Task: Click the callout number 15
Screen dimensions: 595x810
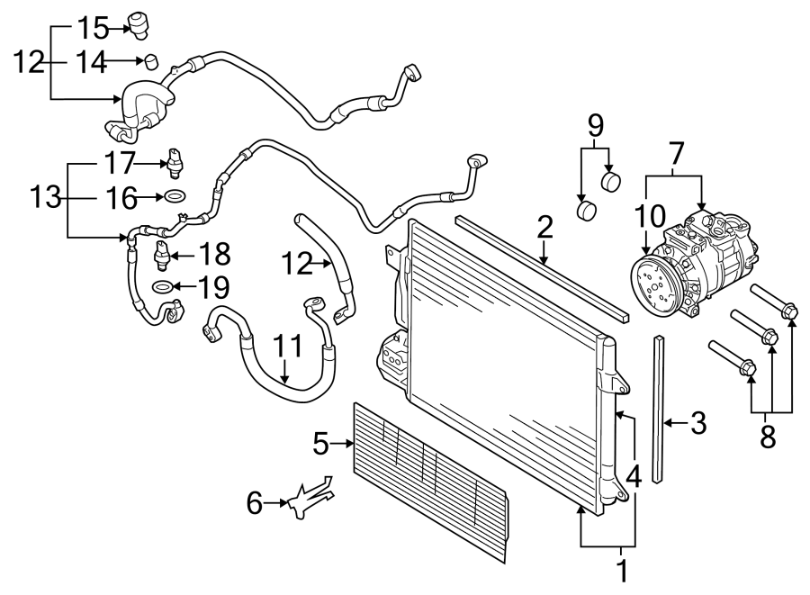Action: pyautogui.click(x=91, y=29)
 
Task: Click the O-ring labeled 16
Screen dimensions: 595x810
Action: pyautogui.click(x=175, y=195)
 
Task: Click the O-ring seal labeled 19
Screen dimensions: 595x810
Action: pyautogui.click(x=162, y=287)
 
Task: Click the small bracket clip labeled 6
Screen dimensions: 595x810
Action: pyautogui.click(x=308, y=500)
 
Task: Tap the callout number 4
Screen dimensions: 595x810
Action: pyautogui.click(x=634, y=477)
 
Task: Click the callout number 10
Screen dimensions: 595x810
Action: pyautogui.click(x=649, y=217)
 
